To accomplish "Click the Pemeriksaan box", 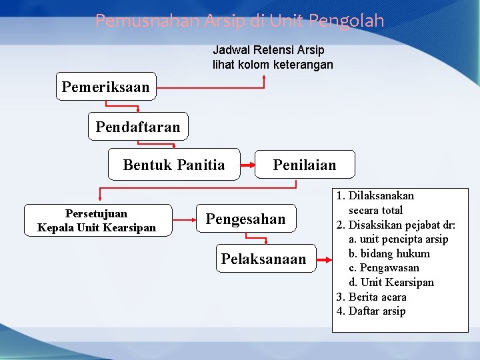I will point(105,87).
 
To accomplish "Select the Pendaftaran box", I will point(138,127).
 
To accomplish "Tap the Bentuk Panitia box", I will point(174,165).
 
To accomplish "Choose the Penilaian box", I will point(305,165).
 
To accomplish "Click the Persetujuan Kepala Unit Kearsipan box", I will point(97,221).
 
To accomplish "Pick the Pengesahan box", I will point(245,219).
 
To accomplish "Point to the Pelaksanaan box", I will point(264,259).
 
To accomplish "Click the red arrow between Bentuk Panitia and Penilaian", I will point(247,165).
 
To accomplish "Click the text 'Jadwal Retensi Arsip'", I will point(268,50).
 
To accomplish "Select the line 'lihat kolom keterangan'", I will point(273,65).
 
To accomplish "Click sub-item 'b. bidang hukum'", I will point(389,253).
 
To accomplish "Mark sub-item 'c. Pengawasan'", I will point(384,267).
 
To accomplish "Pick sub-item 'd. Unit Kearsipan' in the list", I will point(391,282).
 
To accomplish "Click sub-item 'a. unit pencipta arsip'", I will point(398,239).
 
